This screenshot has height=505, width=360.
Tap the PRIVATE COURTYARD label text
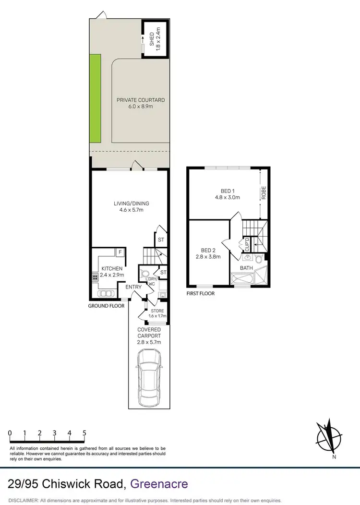(140, 100)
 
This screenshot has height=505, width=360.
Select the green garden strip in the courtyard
(96, 98)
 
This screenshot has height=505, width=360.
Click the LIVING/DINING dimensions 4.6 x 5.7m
(129, 210)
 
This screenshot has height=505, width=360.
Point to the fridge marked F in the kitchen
(120, 252)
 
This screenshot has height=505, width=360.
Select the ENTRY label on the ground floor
(133, 287)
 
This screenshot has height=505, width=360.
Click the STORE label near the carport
(157, 311)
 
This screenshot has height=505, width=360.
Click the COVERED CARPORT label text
(149, 333)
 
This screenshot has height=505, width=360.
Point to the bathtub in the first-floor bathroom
(244, 278)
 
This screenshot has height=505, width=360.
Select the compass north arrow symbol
(329, 437)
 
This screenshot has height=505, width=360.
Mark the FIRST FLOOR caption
(200, 293)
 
